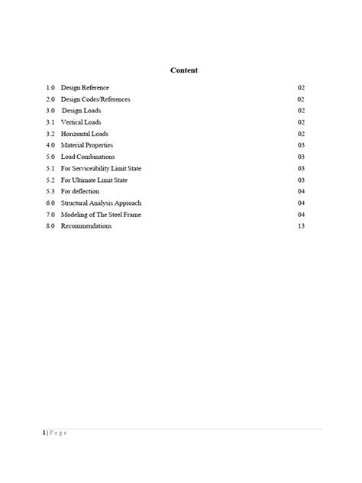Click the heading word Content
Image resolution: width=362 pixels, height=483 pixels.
pyautogui.click(x=183, y=70)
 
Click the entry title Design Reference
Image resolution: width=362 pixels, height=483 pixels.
pyautogui.click(x=85, y=88)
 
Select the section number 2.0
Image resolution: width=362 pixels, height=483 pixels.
pyautogui.click(x=50, y=99)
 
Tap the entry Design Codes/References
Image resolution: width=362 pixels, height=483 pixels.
pyautogui.click(x=95, y=99)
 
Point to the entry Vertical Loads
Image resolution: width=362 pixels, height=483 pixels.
pyautogui.click(x=81, y=122)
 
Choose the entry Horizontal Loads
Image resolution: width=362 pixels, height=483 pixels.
pyautogui.click(x=85, y=134)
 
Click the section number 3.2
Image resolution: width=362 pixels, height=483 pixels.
pyautogui.click(x=50, y=134)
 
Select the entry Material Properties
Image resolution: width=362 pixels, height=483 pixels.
pyautogui.click(x=88, y=145)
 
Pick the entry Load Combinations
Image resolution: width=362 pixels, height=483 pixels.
pyautogui.click(x=88, y=157)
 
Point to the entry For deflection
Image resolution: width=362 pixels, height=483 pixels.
pyautogui.click(x=79, y=191)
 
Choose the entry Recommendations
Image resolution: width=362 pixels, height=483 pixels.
pyautogui.click(x=86, y=226)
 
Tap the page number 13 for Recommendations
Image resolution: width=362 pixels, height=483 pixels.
pyautogui.click(x=301, y=226)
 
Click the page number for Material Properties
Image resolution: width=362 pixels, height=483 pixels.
pyautogui.click(x=301, y=145)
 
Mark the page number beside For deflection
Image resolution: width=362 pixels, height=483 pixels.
pyautogui.click(x=301, y=191)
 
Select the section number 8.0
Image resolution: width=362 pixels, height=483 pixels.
pyautogui.click(x=50, y=226)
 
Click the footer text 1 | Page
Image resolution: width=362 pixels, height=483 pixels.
pyautogui.click(x=55, y=433)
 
